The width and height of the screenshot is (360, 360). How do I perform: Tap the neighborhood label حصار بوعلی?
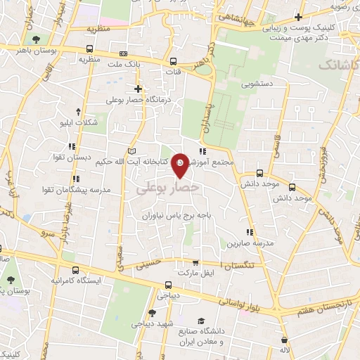click(x=167, y=189)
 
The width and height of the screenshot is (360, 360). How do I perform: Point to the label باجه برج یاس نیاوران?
click(x=176, y=217)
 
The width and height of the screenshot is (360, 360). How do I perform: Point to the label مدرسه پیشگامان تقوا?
click(x=77, y=190)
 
